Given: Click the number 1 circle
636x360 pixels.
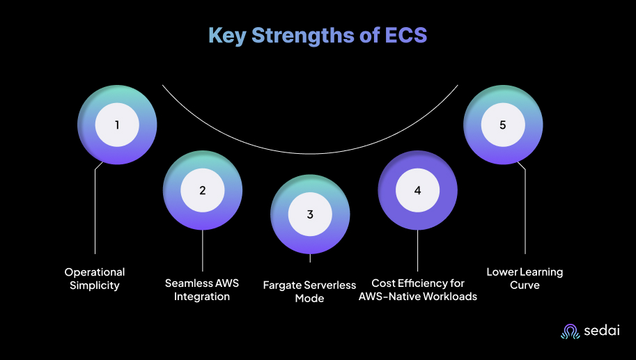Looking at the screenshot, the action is tap(117, 125).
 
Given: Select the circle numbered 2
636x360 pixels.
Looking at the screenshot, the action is tap(203, 190).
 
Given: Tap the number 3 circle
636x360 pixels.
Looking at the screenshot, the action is tap(310, 214).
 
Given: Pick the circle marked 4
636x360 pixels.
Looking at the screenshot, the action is tap(417, 190).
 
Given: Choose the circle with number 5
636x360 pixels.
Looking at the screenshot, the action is tap(503, 125).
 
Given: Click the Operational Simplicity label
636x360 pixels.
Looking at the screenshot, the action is tap(95, 279).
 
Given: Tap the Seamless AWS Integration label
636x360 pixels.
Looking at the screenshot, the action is tap(202, 290).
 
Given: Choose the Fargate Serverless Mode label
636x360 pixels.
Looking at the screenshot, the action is tap(309, 291).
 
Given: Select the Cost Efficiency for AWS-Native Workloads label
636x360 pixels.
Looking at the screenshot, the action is tap(418, 290).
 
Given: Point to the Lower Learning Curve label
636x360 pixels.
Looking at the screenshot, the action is tap(525, 279).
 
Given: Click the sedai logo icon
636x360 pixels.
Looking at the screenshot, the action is tap(570, 332).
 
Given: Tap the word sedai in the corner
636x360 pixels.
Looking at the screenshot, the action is tap(599, 332).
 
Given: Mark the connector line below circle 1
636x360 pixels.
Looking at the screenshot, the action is tap(95, 209).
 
